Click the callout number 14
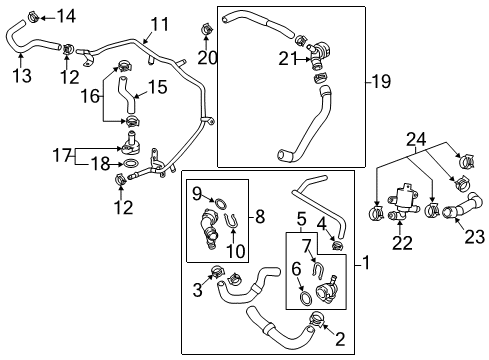pos(66,16)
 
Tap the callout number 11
pos(159,24)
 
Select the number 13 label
pos(22,75)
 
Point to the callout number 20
pos(207,58)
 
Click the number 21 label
pos(288,59)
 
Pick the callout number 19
pos(381,81)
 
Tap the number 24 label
pos(416,139)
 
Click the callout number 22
pos(402,243)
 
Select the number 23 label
pos(474,237)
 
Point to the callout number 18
pos(100,163)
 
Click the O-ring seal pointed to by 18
pos(130,164)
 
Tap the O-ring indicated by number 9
pos(220,203)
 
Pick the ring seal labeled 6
pos(306,298)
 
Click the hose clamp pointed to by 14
pos(33,16)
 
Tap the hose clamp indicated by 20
pos(207,29)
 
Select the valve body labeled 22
pos(403,203)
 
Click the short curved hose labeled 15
pos(127,94)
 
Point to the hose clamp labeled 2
pos(316,318)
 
